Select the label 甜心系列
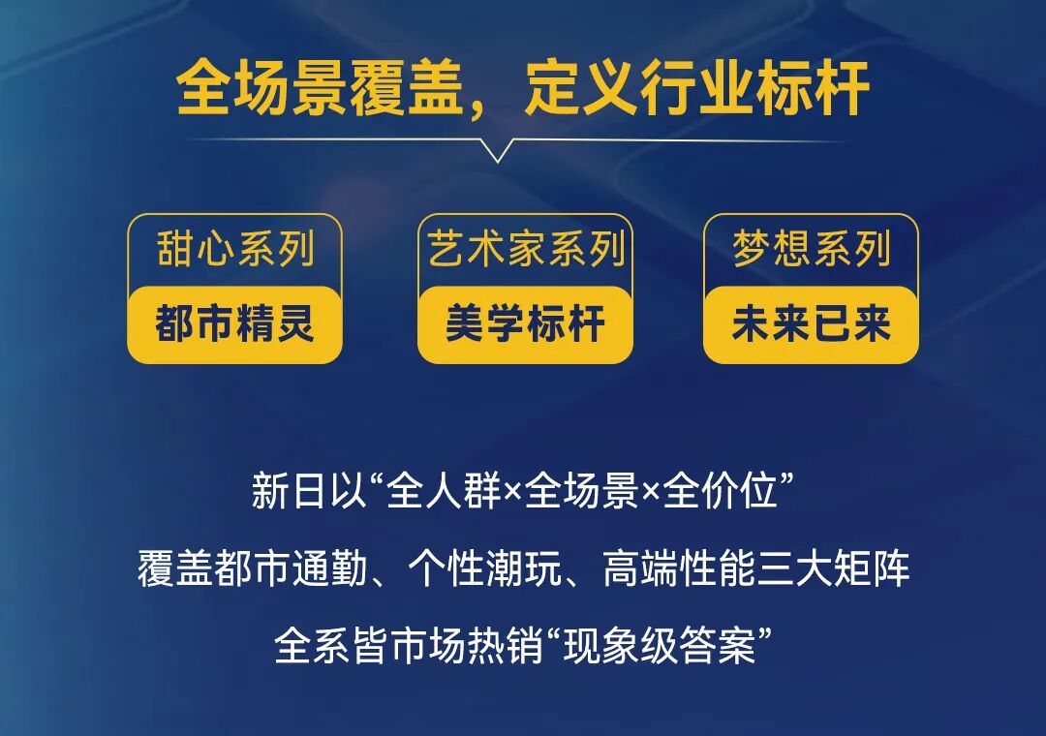point(235,251)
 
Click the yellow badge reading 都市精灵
point(235,324)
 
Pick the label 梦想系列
point(812,251)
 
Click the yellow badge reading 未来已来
point(812,324)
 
